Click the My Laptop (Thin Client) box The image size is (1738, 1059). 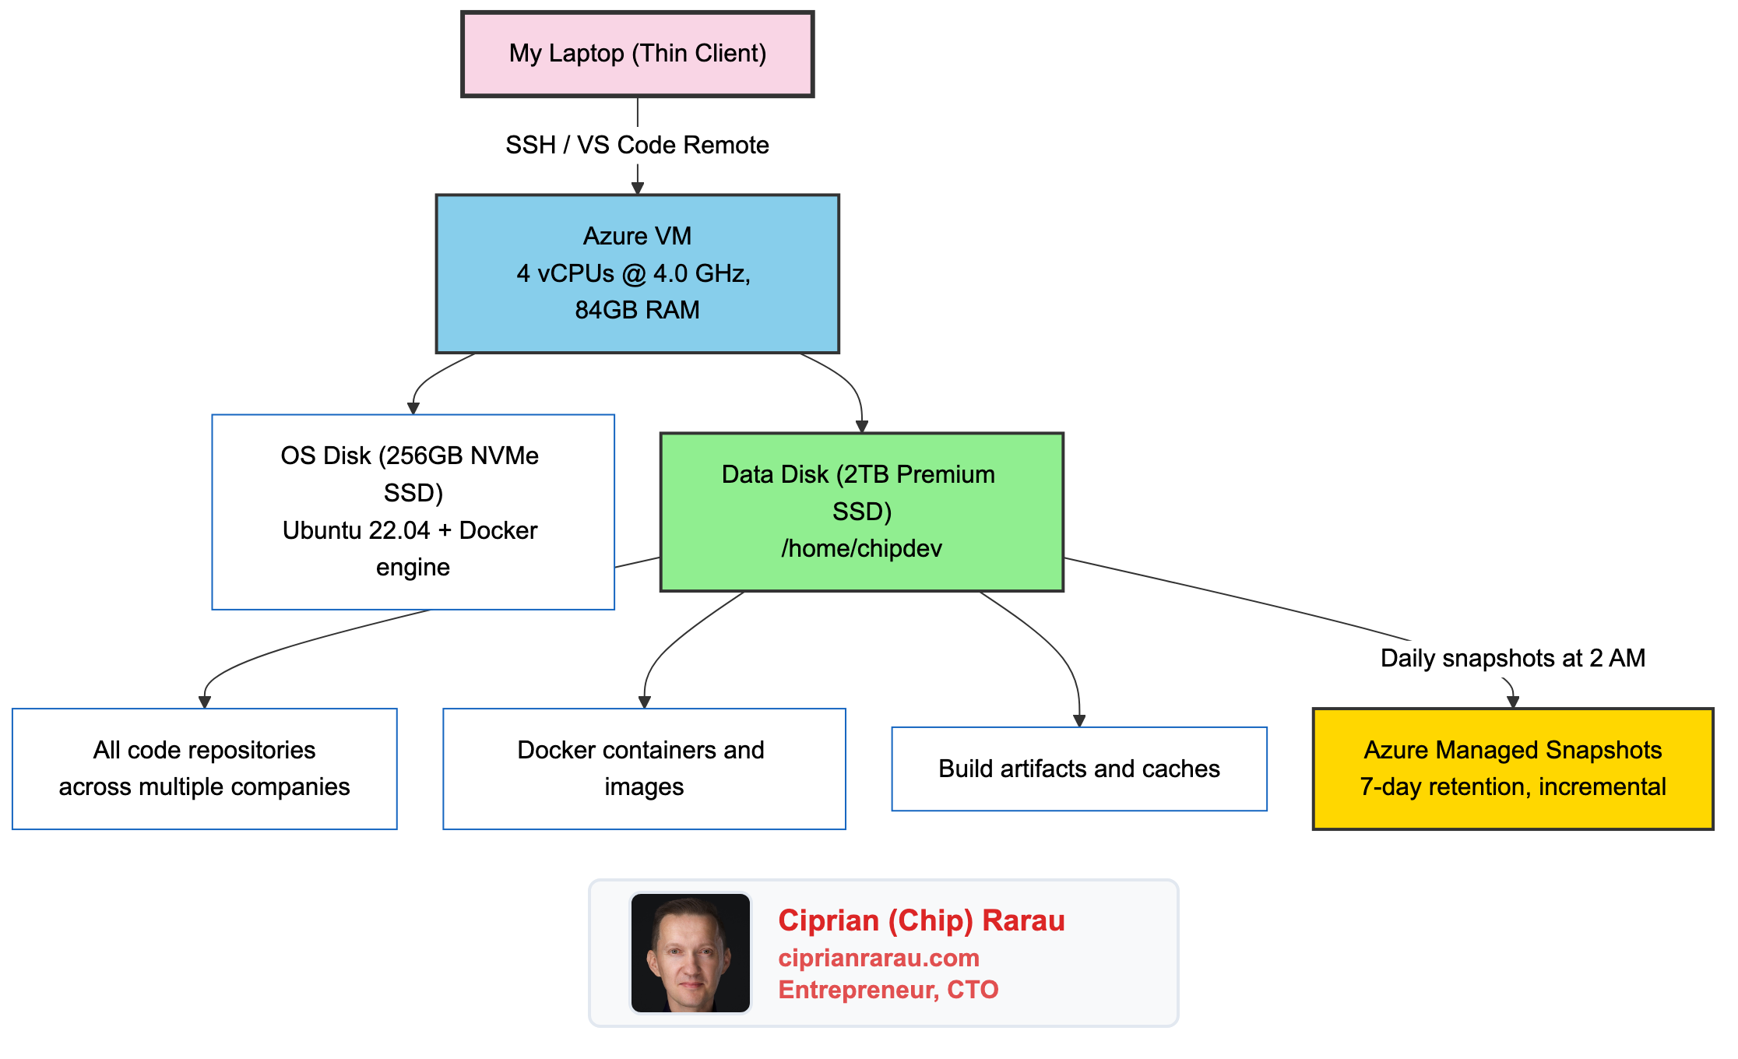[x=637, y=54]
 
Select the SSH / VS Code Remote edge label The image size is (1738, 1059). [x=637, y=145]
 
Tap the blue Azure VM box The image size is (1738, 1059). [x=637, y=273]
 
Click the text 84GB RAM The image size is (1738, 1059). [x=637, y=310]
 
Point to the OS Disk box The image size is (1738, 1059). [x=413, y=512]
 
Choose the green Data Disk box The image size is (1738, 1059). [x=861, y=512]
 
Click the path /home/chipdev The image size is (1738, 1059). [x=861, y=548]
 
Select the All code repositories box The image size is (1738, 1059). [x=204, y=769]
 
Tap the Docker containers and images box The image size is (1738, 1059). [x=644, y=769]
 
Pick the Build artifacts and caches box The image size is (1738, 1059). [x=1078, y=769]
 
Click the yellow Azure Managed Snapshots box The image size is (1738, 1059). [x=1512, y=769]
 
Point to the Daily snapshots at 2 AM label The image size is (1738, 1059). [x=1512, y=658]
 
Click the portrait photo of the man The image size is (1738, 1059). [x=690, y=952]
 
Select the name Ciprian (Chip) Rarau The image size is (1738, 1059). [x=921, y=920]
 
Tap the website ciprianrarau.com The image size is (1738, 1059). [x=878, y=958]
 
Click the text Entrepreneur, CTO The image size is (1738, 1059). [x=888, y=990]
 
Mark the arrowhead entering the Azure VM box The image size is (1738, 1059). [x=637, y=188]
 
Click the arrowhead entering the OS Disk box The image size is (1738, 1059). [x=413, y=408]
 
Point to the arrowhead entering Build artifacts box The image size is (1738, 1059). [x=1079, y=721]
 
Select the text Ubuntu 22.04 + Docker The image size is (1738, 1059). [x=410, y=530]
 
